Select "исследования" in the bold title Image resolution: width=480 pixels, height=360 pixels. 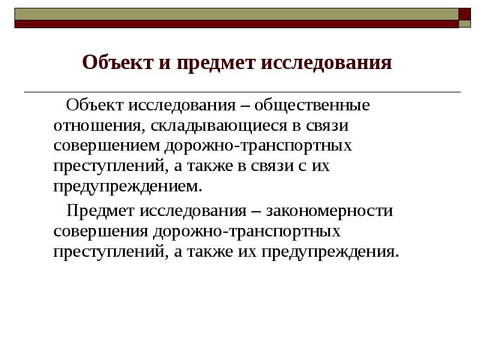pos(326,62)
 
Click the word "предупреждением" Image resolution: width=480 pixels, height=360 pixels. pos(128,186)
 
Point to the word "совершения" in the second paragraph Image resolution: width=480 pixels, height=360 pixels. pos(101,231)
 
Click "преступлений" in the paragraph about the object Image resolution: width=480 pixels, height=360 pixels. pos(112,166)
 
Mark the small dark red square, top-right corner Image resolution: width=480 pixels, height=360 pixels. pos(466,14)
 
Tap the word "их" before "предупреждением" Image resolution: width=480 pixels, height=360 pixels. pos(317,166)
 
